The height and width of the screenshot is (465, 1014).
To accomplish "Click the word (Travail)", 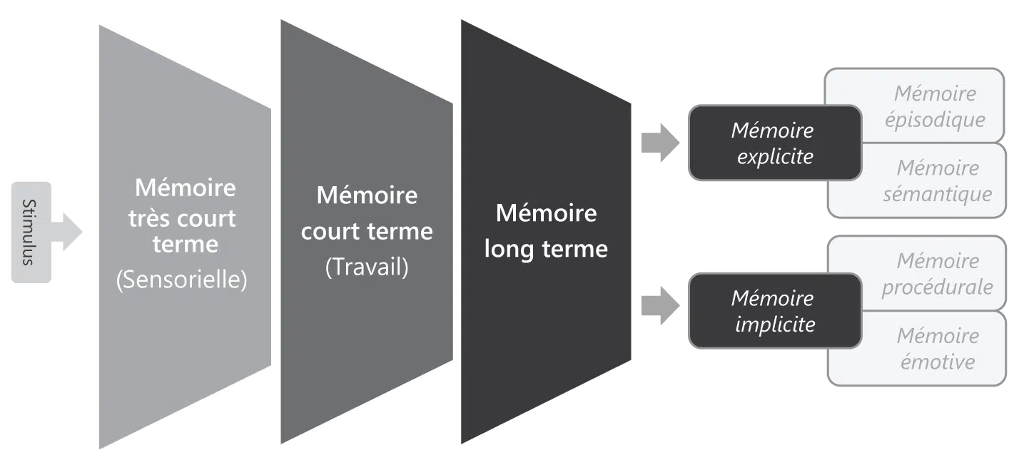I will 367,267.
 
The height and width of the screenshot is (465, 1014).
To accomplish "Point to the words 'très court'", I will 182,218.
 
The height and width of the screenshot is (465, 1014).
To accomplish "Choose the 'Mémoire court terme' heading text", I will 367,213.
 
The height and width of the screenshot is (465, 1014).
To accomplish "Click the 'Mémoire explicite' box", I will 774,143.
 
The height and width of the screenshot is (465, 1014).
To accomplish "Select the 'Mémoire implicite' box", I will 774,311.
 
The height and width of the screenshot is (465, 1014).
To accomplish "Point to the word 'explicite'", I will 775,157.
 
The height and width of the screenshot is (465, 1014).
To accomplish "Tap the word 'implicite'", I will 775,325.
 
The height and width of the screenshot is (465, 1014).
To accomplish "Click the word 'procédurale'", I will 937,287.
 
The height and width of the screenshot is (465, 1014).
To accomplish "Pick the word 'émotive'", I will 936,362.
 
